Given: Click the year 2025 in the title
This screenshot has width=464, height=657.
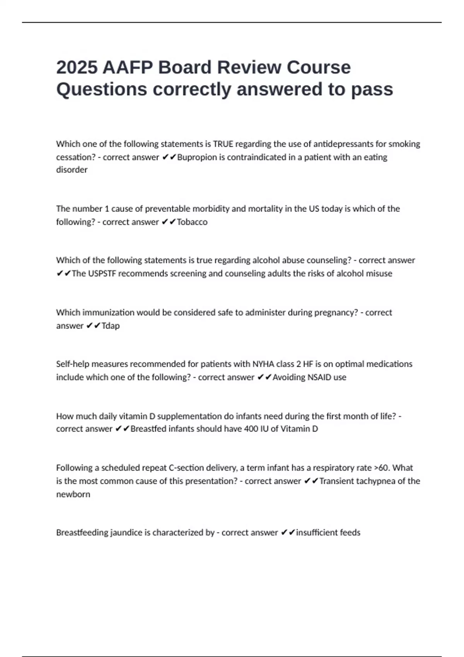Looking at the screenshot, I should [x=77, y=68].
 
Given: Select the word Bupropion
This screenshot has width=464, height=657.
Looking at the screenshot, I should [x=197, y=157].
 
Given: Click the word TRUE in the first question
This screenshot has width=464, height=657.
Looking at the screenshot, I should [x=223, y=144].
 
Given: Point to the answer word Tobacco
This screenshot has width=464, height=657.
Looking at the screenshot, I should [x=192, y=222].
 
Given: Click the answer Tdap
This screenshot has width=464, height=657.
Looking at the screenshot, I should [x=111, y=326].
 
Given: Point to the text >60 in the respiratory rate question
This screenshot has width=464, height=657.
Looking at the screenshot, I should [x=382, y=468].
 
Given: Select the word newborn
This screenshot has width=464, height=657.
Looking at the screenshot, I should [x=73, y=494].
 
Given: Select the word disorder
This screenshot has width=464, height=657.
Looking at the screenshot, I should [x=72, y=170].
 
